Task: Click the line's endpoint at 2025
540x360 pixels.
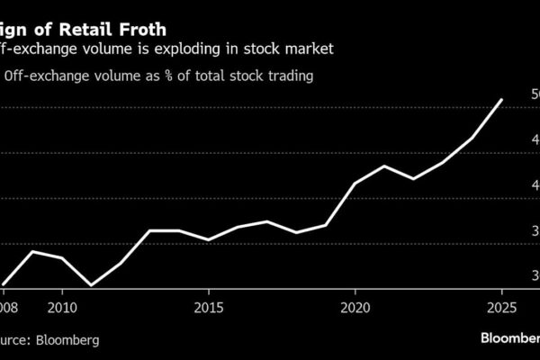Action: point(501,100)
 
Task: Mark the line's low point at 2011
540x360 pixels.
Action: point(91,285)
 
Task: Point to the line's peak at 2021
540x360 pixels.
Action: point(384,166)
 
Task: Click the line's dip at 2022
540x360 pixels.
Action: point(413,179)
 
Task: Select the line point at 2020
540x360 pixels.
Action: point(355,184)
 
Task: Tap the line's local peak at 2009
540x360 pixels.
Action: point(32,251)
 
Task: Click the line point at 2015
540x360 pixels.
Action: point(209,240)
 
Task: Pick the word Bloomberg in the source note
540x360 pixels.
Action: point(62,341)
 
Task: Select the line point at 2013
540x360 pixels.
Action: point(149,231)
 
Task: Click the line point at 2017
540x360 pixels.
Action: point(266,221)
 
